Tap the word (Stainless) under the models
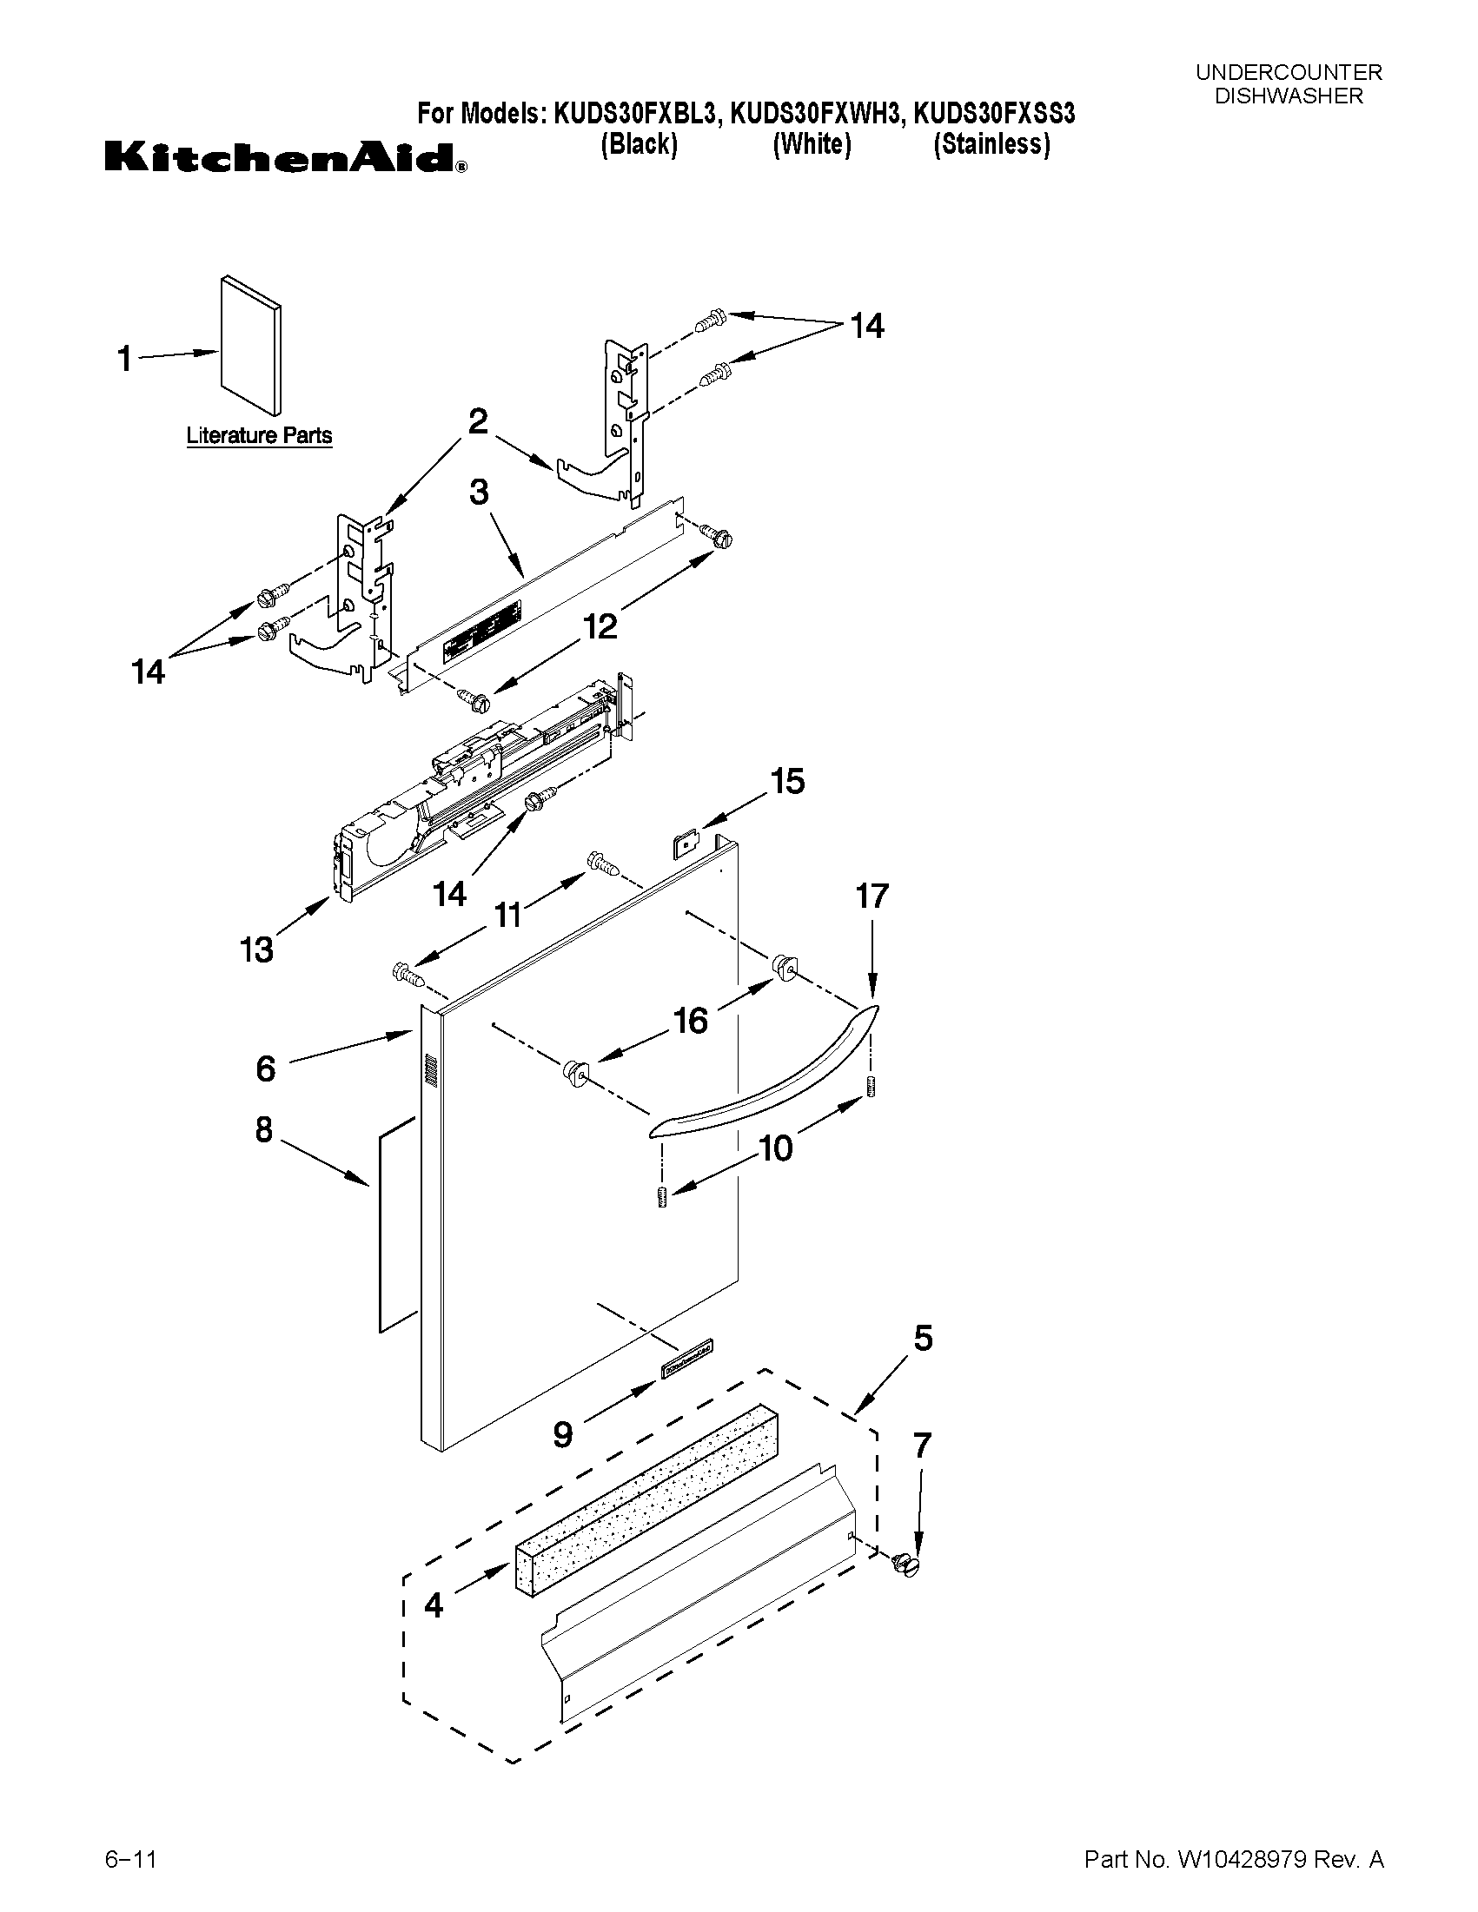992,143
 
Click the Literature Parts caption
259,435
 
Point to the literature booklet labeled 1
251,346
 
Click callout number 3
479,493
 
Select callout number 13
256,949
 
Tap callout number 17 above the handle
872,896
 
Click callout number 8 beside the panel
264,1130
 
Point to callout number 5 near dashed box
923,1339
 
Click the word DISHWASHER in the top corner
1289,96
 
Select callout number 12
600,626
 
